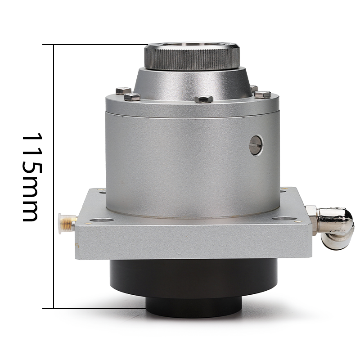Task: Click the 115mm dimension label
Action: click(32, 177)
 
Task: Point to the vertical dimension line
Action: click(54, 176)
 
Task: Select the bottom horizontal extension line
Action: click(94, 309)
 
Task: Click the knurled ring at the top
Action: click(192, 57)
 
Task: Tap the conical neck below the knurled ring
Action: click(193, 84)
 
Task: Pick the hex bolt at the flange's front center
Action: click(204, 99)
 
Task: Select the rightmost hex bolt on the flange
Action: click(262, 94)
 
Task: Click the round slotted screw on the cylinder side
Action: click(256, 145)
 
